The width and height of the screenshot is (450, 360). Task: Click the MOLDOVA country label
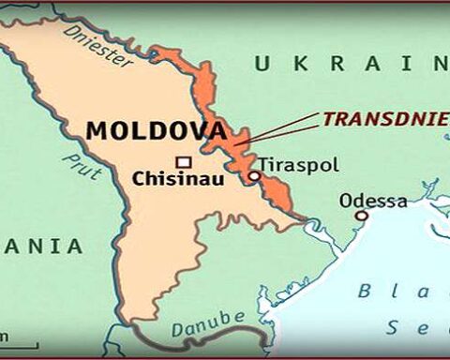point(156,131)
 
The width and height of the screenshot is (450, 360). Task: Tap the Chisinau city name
point(177,178)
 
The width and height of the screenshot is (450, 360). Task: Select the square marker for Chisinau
point(184,160)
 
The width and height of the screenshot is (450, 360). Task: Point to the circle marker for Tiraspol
point(253,175)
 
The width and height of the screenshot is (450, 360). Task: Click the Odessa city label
point(372,201)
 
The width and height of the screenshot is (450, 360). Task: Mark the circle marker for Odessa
point(361,216)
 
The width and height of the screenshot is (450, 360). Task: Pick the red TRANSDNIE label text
point(385,119)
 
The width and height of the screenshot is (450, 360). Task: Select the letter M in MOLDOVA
point(96,131)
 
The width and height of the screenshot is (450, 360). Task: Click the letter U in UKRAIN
point(262,64)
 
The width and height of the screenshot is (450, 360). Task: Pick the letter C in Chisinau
point(139,178)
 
